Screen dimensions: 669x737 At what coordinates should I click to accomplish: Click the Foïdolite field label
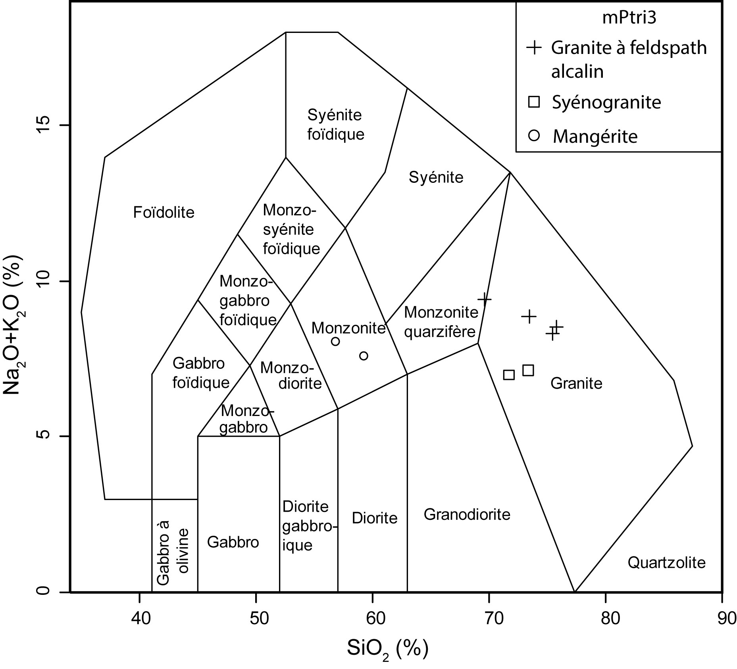click(164, 213)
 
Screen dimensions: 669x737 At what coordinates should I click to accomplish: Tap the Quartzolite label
click(666, 562)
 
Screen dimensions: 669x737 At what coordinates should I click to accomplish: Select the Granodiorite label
click(467, 514)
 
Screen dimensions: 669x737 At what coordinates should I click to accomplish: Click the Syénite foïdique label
click(335, 125)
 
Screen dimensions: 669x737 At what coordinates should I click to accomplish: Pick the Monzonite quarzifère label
click(441, 322)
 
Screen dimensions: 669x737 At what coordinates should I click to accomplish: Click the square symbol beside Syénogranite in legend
click(534, 102)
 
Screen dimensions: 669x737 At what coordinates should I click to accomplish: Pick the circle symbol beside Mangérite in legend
click(534, 136)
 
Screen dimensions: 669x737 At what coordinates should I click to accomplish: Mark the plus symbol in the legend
click(534, 48)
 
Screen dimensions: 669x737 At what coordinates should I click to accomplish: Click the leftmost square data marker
click(508, 375)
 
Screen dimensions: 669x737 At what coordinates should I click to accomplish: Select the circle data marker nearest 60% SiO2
click(364, 356)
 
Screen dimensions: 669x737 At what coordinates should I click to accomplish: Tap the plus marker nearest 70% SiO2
click(484, 299)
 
